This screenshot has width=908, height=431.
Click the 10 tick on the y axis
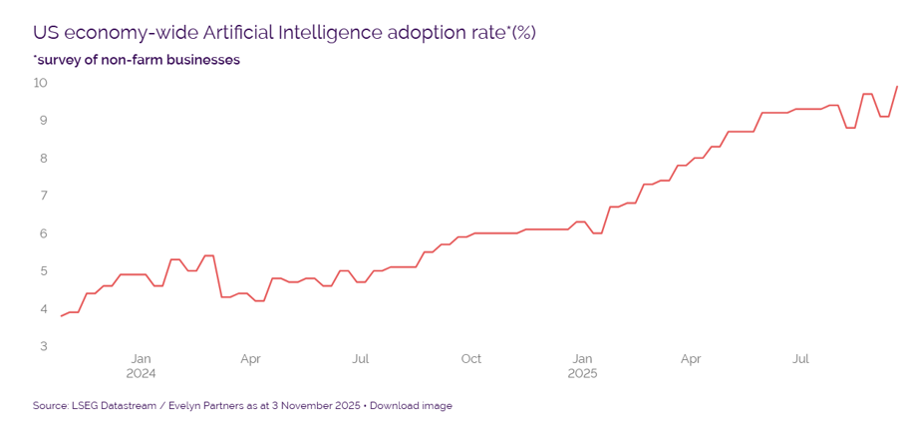coord(41,83)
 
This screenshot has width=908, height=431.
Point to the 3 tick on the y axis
coord(44,346)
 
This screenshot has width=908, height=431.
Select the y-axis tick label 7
coord(44,196)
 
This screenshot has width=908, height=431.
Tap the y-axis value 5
coord(44,270)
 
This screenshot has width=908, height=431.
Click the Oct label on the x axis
coord(471,358)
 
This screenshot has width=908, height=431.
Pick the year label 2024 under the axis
coord(141,374)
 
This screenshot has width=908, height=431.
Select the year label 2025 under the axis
coord(582,374)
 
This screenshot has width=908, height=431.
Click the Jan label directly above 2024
coord(141,358)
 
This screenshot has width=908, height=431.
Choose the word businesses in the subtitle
coord(202,60)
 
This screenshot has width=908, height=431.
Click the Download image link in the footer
coord(411,406)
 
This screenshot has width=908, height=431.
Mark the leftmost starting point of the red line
coord(61,316)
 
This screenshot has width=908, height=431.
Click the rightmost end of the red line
coord(898,86)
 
